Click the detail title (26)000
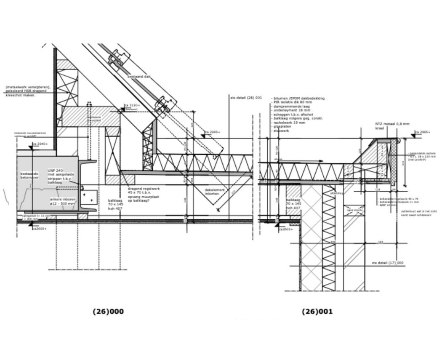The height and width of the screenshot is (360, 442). point(108,312)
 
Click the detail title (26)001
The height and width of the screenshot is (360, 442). point(317,312)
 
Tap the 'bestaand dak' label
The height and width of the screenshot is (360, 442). point(139,77)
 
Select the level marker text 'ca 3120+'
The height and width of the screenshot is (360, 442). point(132,105)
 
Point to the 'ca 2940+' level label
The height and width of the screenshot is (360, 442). point(40,144)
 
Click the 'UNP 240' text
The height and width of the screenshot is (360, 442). point(55,171)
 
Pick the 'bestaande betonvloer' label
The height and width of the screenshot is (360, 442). point(29,175)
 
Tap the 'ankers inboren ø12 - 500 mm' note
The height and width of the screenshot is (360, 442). point(62,201)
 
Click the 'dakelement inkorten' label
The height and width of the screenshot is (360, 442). point(215,192)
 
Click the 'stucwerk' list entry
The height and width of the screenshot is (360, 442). point(281,131)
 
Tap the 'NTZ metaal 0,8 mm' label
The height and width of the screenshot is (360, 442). point(392,124)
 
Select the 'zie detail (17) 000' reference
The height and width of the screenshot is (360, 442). point(387,263)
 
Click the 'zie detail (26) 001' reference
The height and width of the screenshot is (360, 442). point(246,98)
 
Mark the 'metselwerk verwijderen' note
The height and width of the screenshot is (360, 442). point(28,87)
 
